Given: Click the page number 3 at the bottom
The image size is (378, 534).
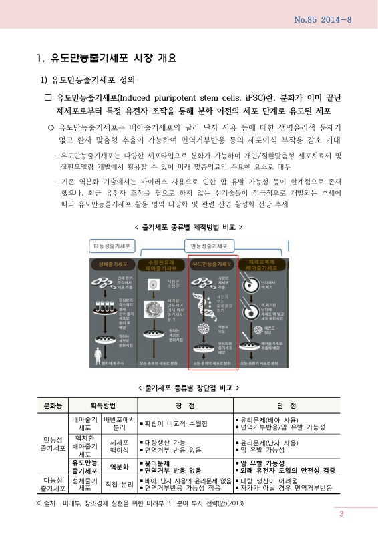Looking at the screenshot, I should coord(341,513).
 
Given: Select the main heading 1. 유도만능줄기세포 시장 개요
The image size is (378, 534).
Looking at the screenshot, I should coord(108,58).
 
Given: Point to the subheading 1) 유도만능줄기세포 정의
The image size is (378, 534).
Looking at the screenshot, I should coord(88,81).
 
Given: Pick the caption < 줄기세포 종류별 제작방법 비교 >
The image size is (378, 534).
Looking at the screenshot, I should coord(188,227).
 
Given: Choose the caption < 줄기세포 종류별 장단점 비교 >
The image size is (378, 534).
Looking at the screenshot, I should coord(188,387).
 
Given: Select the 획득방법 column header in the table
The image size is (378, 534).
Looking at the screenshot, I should coord(103,405).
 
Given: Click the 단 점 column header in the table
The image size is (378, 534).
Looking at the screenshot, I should coord(286,405).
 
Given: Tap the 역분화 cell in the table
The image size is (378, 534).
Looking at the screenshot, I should coord(118,467).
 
